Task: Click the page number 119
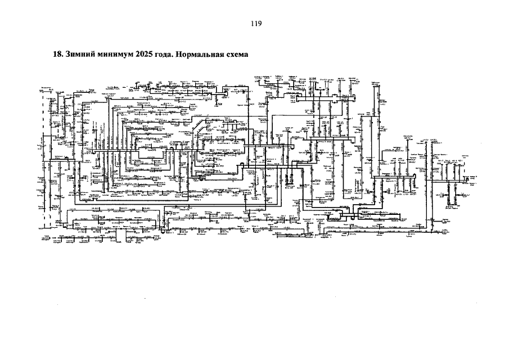coord(254,24)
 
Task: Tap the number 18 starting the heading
coord(56,55)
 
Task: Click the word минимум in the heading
coord(112,55)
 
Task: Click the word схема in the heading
coord(236,55)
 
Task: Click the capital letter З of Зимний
coord(67,55)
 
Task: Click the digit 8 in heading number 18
coord(58,55)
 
